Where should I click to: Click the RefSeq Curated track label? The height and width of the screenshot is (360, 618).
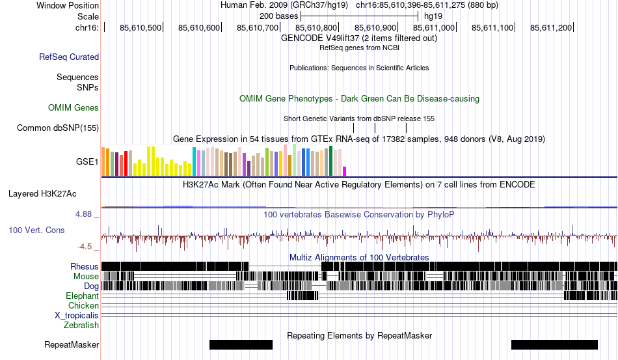point(69,57)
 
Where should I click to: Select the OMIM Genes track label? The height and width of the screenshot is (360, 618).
point(74,107)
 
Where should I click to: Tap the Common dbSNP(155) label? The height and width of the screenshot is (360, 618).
point(58,128)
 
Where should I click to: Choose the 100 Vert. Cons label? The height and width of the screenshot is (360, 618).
point(36,230)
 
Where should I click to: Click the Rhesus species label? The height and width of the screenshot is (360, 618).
point(85,266)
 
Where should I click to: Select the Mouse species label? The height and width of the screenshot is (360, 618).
point(86,276)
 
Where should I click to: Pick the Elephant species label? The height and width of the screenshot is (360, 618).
point(82,296)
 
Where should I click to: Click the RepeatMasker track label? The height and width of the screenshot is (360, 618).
point(72,344)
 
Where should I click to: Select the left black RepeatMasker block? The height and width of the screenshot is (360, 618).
point(241,344)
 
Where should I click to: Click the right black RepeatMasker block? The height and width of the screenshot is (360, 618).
point(554,344)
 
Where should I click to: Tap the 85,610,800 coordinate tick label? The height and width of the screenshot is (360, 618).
point(317,27)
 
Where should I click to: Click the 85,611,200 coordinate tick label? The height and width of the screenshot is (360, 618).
point(551,27)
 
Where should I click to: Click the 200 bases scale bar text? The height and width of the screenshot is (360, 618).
point(278,16)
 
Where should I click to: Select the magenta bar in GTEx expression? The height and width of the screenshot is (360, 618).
point(345,171)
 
